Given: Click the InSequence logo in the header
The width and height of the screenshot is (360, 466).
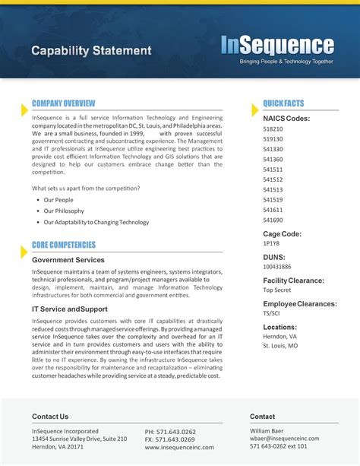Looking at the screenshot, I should (277, 46).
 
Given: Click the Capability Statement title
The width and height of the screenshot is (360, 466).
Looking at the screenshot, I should (91, 51).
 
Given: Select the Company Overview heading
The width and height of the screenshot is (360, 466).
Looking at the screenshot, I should (63, 103).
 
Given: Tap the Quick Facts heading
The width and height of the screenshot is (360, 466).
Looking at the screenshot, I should (283, 103).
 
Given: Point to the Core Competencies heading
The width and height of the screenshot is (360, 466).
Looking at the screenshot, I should (64, 245).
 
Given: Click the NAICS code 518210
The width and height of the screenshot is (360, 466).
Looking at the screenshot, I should (273, 129).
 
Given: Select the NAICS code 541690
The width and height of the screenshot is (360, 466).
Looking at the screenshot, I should (273, 220).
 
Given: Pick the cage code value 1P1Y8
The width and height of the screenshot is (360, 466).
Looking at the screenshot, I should (271, 244).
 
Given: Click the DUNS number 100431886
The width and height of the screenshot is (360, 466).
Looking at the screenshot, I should (277, 267).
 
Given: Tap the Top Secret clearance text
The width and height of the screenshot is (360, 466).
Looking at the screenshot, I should (278, 290).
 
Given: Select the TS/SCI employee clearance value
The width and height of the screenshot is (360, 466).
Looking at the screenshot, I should (271, 312).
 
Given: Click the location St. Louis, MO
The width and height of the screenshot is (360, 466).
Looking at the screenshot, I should (280, 346).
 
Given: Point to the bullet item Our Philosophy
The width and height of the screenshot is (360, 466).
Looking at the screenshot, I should (64, 211).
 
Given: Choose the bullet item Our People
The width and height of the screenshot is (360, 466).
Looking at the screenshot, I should (58, 199).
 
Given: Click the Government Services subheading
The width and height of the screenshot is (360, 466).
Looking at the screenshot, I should (68, 260).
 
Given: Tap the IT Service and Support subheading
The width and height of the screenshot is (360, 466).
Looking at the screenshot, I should (70, 309).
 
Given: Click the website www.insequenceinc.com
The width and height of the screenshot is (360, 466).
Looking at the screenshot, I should (179, 448).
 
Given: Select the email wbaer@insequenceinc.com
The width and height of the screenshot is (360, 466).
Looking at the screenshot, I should (284, 439).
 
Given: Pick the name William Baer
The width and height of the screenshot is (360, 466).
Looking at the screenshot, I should (267, 430).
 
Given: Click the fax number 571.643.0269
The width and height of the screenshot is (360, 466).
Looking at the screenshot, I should (170, 439).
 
